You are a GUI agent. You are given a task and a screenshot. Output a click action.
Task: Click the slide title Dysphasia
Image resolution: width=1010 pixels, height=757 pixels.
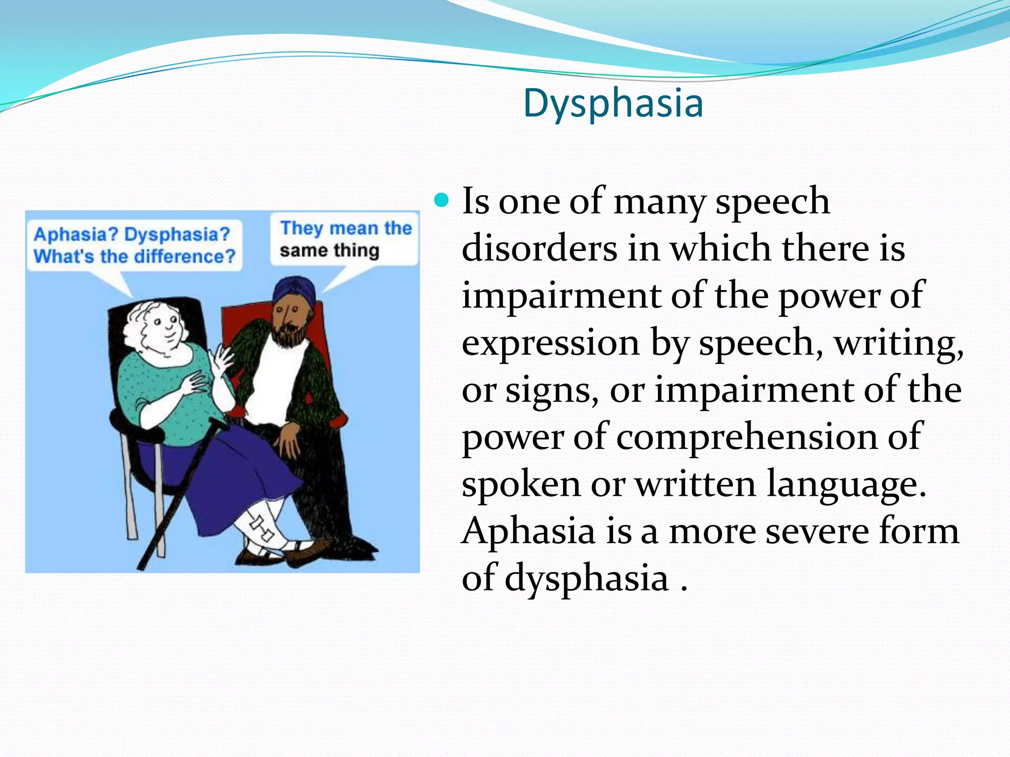click(x=613, y=103)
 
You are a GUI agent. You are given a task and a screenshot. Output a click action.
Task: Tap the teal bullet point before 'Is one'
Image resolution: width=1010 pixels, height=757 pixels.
click(x=442, y=201)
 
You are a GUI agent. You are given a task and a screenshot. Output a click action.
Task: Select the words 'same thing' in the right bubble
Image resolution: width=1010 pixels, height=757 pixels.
click(x=329, y=250)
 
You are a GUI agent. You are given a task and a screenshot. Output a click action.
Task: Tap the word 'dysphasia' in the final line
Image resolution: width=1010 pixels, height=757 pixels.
click(x=586, y=578)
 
